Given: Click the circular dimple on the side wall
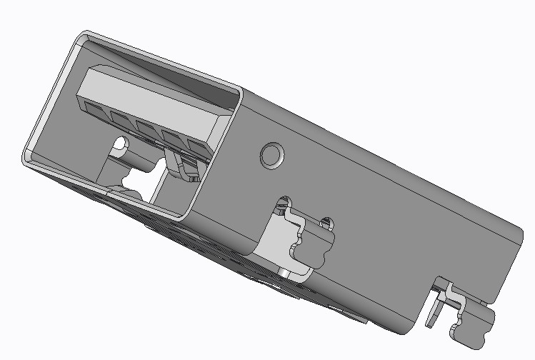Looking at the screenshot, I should (271, 154).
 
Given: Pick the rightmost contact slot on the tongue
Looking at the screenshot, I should (197, 146).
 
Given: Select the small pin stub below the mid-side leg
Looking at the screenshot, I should (284, 273).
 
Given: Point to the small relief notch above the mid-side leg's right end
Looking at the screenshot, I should (327, 221).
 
